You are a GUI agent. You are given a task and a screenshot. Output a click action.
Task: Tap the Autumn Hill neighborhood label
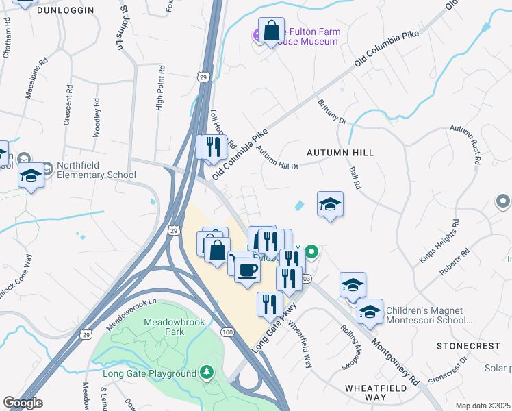(x=340, y=152)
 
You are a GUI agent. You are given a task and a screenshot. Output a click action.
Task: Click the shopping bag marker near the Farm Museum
(x=271, y=32)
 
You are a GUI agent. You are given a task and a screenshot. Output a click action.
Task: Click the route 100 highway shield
(x=227, y=332)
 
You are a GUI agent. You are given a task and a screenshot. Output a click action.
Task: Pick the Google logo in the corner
(x=23, y=403)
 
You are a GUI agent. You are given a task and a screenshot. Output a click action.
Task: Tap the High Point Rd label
(x=159, y=88)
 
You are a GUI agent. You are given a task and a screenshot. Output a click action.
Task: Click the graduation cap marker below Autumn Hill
(x=330, y=204)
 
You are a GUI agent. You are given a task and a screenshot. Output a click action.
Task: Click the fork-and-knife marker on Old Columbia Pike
(x=212, y=147)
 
